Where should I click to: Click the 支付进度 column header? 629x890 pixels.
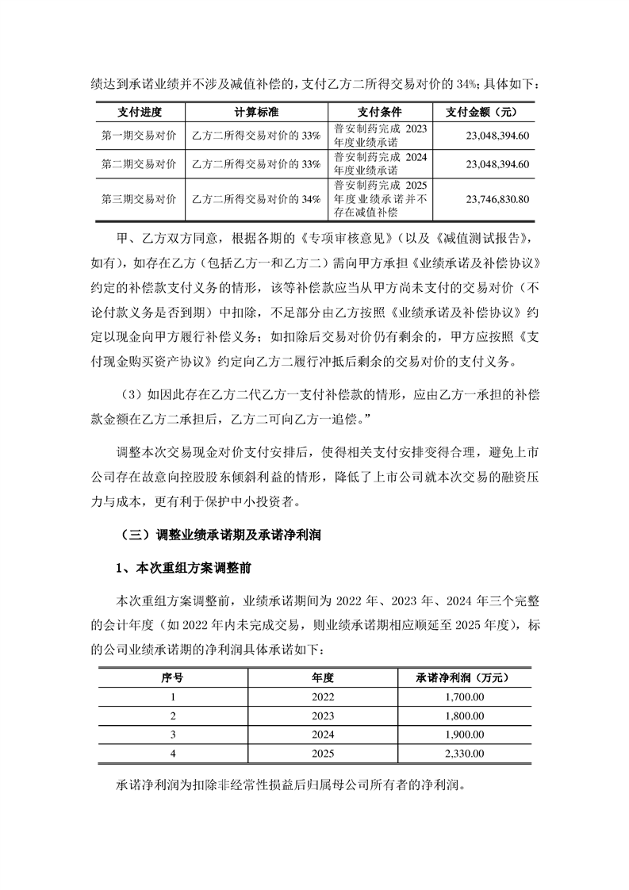click(x=139, y=112)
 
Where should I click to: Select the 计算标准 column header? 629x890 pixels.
click(x=255, y=112)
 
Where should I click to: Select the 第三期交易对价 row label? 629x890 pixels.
click(x=139, y=198)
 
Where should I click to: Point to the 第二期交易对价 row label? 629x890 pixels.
click(x=139, y=164)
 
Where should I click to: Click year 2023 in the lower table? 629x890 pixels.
click(x=323, y=715)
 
